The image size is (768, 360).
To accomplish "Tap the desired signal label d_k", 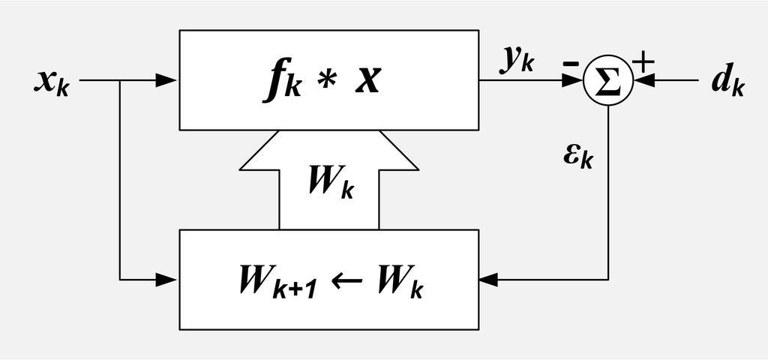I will [x=727, y=82].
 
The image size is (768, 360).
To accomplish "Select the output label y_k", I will [x=517, y=61].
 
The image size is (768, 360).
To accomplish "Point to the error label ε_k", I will [x=577, y=156].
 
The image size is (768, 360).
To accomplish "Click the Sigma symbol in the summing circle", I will [x=608, y=81].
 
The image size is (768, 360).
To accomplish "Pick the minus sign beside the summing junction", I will [x=570, y=64].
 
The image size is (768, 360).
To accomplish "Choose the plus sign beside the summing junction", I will [x=643, y=62].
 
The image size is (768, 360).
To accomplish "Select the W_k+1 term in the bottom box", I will [x=274, y=283].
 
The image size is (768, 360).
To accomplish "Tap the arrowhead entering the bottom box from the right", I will [x=489, y=280].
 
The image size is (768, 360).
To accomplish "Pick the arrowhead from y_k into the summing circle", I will [x=574, y=81].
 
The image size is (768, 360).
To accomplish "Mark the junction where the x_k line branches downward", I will [x=120, y=81].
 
